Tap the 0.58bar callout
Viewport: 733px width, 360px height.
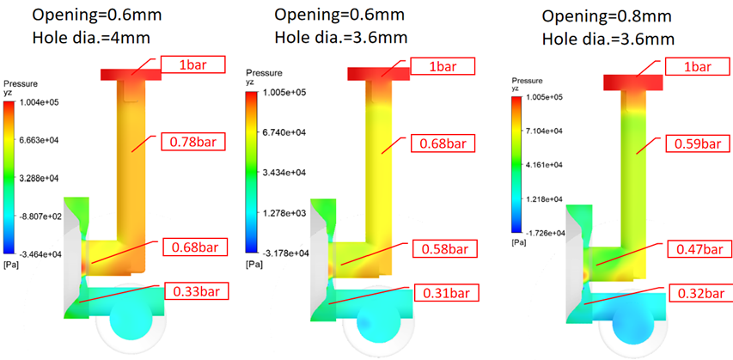444,248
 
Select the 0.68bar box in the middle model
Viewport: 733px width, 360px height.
443,143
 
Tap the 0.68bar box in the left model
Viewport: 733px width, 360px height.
195,247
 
